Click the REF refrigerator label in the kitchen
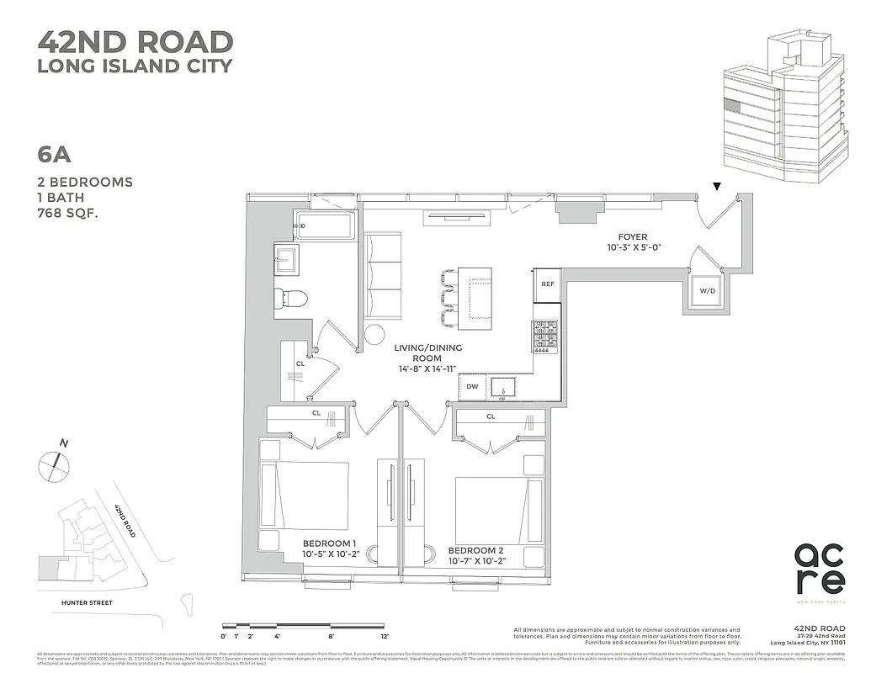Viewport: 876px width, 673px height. (x=546, y=285)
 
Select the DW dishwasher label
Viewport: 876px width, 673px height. (x=472, y=387)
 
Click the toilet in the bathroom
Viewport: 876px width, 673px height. (x=292, y=298)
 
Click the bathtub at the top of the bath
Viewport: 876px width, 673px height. (x=325, y=225)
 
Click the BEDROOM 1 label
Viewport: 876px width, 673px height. (x=330, y=543)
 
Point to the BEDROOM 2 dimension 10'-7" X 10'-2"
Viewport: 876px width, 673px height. (x=481, y=561)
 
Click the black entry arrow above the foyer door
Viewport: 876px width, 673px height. (x=716, y=186)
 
